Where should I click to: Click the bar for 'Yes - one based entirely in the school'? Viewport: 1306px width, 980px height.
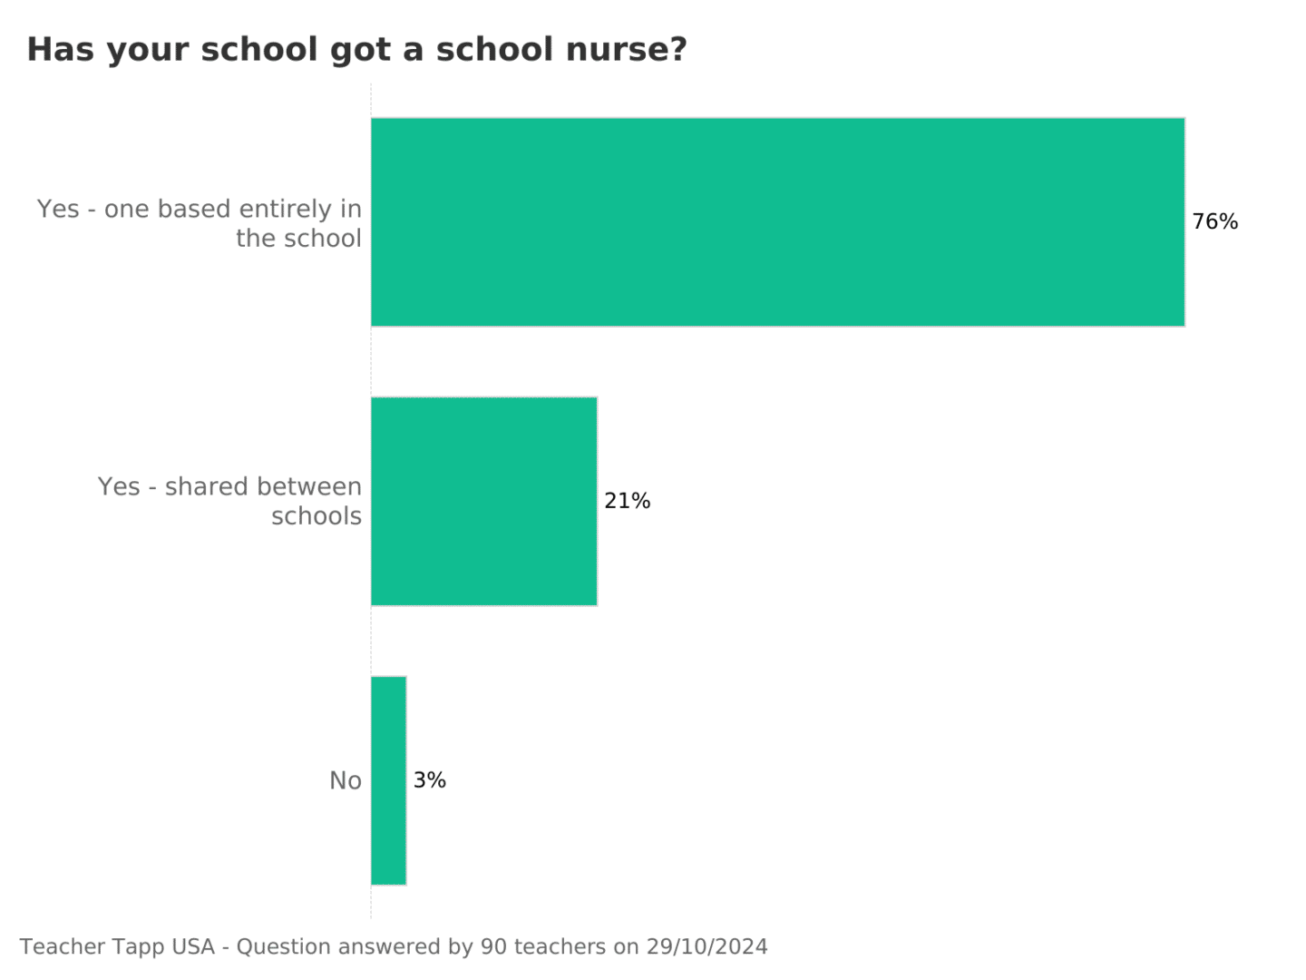point(777,221)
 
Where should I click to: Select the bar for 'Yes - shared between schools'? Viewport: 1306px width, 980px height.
point(483,501)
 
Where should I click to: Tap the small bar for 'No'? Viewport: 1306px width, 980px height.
point(388,780)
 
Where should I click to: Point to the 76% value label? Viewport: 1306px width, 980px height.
point(1214,222)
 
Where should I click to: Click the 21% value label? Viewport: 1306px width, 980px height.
point(627,501)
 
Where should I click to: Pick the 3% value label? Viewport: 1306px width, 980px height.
point(429,780)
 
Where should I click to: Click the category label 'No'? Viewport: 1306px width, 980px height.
point(345,781)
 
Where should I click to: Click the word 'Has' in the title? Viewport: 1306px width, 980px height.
point(60,50)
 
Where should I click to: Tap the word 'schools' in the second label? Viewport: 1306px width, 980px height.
point(316,516)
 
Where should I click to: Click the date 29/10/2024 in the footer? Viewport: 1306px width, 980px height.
point(707,947)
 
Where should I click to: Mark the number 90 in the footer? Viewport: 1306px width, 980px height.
point(493,947)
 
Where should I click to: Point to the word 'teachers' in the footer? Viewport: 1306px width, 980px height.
point(560,947)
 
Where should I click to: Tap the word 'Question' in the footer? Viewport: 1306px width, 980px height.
point(283,948)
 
